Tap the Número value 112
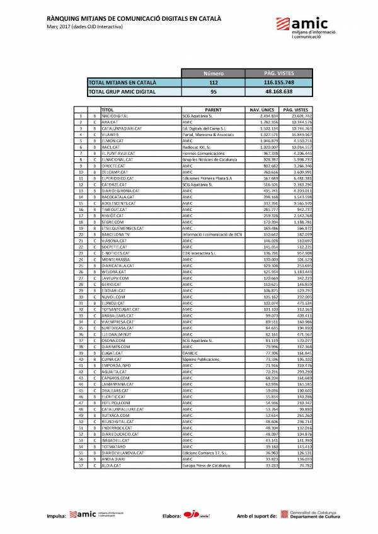coord(214,82)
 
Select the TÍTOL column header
coord(107,110)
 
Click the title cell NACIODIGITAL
coord(116,116)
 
